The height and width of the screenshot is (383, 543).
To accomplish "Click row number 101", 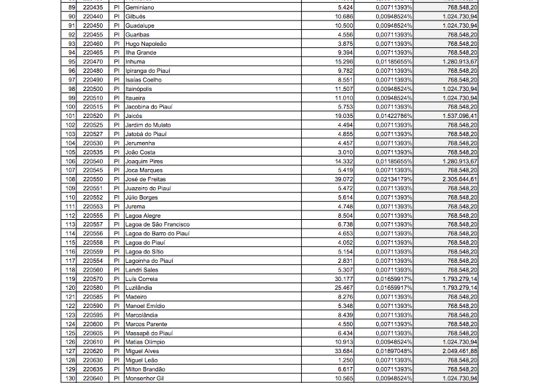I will click(71, 116).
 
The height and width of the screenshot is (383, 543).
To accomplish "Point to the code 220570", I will click(93, 279).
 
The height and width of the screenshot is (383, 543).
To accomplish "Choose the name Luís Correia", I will click(141, 279).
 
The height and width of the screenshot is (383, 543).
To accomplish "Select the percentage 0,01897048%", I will click(394, 351).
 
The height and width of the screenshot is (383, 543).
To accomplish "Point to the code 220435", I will click(93, 7).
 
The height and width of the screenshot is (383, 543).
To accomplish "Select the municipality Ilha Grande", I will click(141, 52).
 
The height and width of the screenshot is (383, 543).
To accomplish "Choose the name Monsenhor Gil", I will click(143, 378).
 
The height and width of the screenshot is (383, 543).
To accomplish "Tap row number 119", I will click(71, 279).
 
